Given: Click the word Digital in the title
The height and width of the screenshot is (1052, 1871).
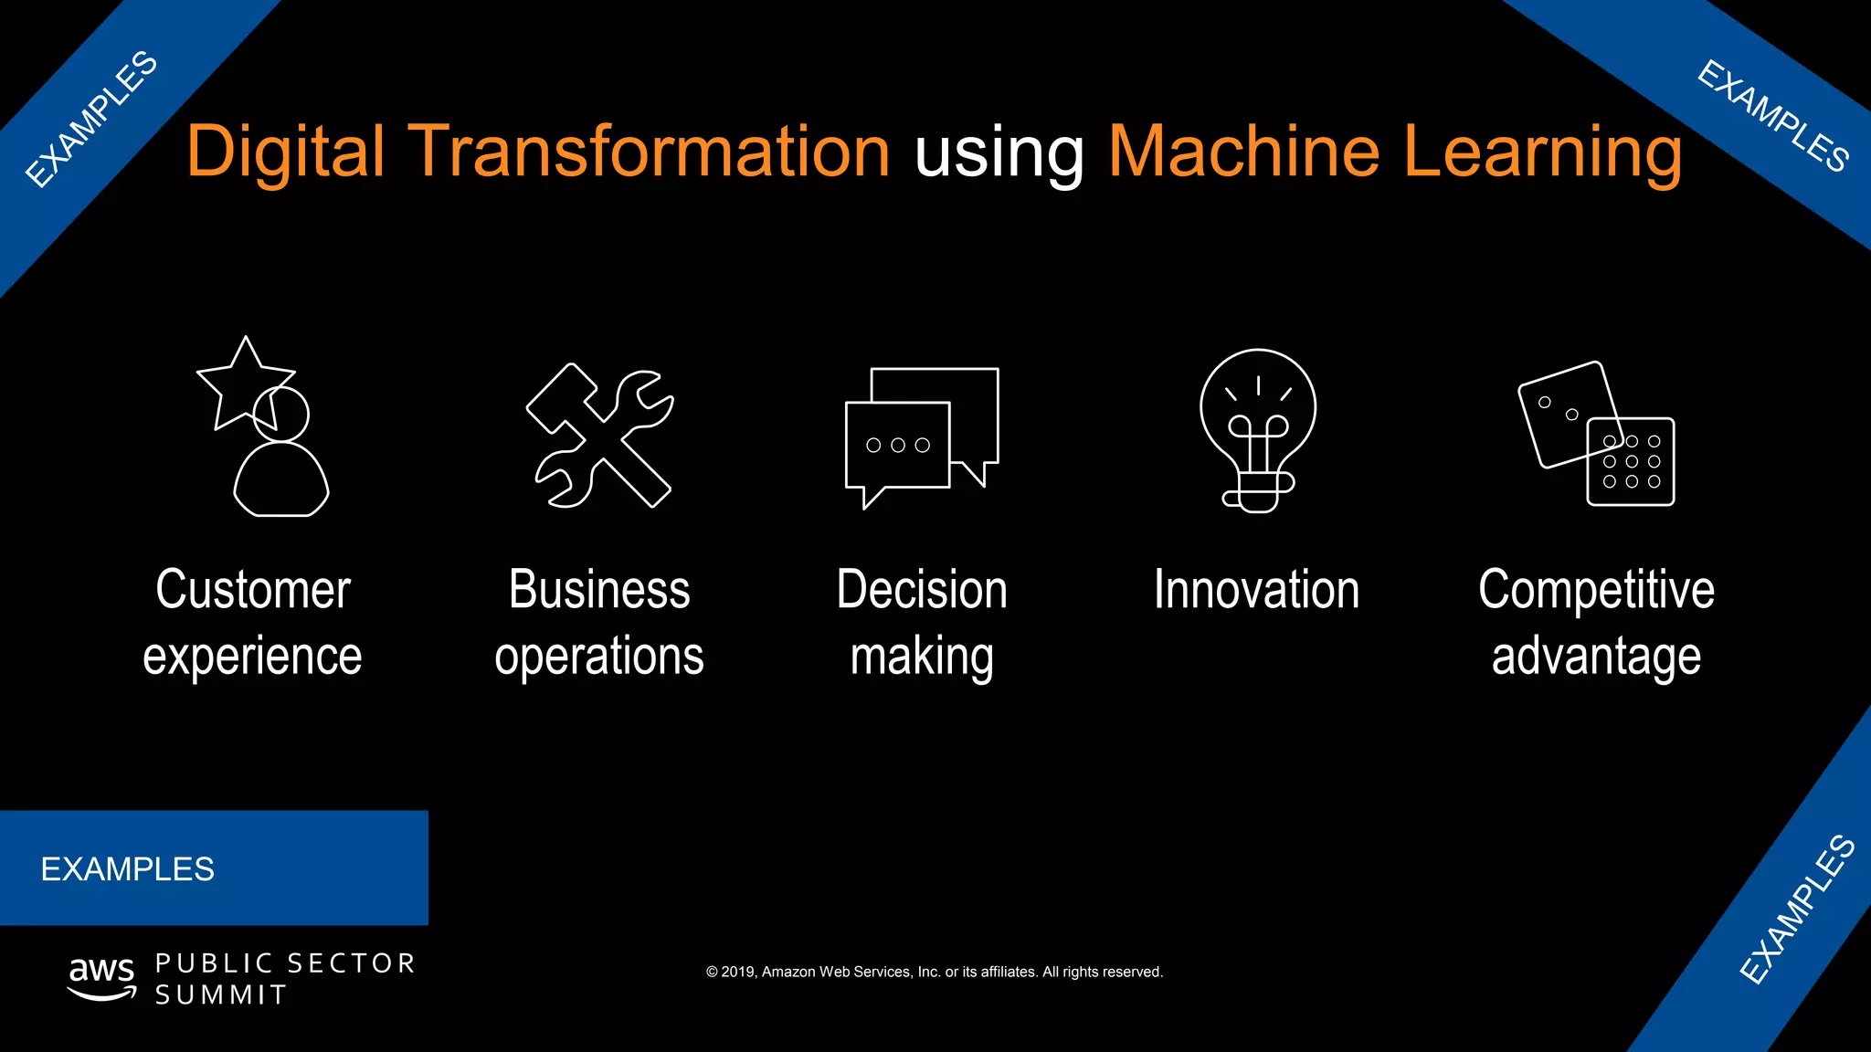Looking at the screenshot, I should pos(285,152).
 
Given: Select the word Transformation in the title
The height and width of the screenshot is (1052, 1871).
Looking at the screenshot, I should pos(649,152).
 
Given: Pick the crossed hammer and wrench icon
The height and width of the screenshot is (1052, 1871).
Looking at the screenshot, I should pos(600,437).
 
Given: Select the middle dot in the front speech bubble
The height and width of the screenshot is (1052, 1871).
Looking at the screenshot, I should pos(898,446).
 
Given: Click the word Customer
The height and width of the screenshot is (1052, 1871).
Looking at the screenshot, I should pos(253,589).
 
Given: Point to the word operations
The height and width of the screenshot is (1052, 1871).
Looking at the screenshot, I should pos(599,657).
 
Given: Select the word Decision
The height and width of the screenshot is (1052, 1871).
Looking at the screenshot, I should pos(922,589).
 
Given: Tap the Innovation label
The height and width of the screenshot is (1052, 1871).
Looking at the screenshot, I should pos(1256,589).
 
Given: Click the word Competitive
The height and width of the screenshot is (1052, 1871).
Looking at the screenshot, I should pos(1596,591).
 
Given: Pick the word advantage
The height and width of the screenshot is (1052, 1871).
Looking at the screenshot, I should pos(1596,657).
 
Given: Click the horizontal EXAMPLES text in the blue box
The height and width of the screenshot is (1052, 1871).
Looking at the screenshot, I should pos(128,869).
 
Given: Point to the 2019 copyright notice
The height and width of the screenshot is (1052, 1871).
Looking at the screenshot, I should pos(935,972).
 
